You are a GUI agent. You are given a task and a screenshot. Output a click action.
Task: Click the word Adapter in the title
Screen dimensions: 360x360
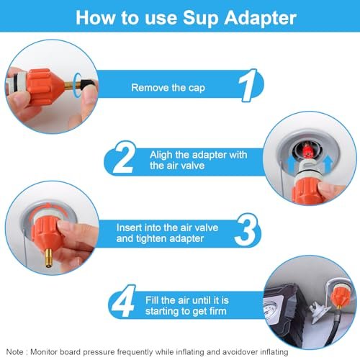tap(261, 18)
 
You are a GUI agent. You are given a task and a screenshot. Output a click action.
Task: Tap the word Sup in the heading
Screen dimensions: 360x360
tap(201, 19)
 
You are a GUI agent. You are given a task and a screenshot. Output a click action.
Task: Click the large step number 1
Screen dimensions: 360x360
tap(248, 85)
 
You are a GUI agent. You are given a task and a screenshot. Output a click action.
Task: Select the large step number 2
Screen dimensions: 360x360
tap(124, 157)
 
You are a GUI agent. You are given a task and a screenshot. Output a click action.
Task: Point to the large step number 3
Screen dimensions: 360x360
tap(246, 230)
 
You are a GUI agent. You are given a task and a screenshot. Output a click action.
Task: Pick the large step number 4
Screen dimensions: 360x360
tap(123, 301)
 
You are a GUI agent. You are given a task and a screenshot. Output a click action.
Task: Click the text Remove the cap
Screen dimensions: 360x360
tap(168, 88)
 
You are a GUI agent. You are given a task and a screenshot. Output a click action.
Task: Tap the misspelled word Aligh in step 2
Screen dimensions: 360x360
tap(161, 156)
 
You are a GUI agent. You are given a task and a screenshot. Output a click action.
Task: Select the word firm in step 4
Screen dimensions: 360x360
tap(217, 311)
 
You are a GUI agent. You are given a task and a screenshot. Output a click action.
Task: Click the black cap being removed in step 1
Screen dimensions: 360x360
tap(88, 84)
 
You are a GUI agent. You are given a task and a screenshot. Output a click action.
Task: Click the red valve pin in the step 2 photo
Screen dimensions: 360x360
tap(306, 150)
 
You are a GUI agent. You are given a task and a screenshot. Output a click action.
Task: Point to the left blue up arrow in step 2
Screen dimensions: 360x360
tap(291, 163)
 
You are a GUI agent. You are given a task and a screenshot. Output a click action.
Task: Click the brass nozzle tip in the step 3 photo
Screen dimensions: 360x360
tap(49, 258)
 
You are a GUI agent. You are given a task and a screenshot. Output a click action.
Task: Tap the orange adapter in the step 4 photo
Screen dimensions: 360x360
tap(340, 297)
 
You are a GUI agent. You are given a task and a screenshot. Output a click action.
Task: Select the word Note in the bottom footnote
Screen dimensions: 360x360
tap(15, 352)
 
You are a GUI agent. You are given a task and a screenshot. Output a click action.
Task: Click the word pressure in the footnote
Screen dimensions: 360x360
tap(99, 352)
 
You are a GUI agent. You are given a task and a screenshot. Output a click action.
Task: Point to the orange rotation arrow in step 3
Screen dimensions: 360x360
tap(48, 207)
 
